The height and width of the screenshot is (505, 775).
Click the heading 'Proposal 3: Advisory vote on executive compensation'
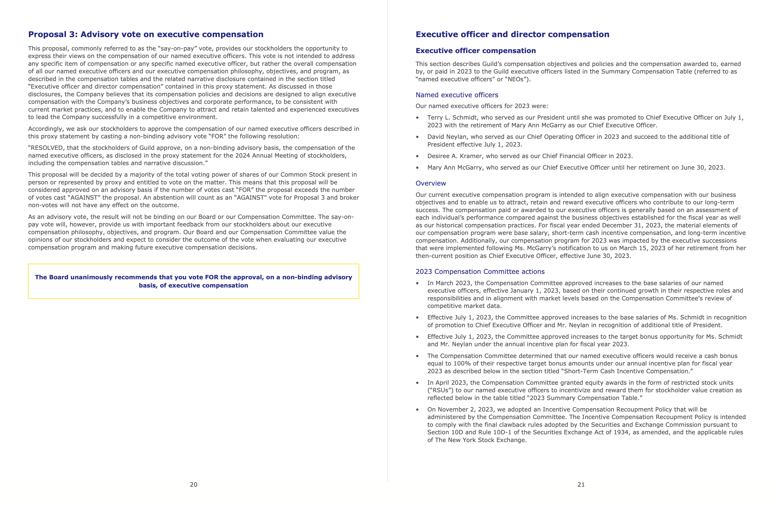[146, 35]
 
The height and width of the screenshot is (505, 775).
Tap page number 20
[194, 485]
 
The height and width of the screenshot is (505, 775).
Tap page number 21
[581, 485]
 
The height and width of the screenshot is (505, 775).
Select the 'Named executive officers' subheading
[457, 95]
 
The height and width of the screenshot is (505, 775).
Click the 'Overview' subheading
[430, 183]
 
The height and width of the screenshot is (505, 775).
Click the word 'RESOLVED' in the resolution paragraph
[47, 148]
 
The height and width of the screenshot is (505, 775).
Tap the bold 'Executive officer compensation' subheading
[475, 51]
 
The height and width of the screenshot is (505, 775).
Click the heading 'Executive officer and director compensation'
[512, 35]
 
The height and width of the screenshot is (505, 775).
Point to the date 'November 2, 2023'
[461, 410]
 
